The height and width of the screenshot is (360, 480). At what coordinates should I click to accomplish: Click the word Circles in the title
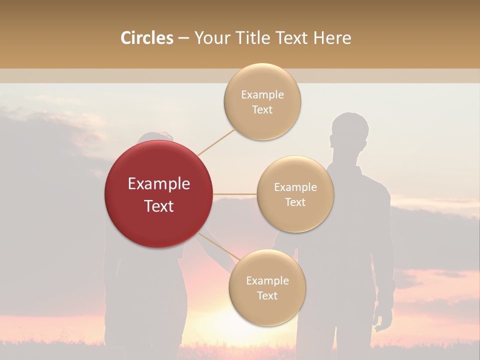(147, 38)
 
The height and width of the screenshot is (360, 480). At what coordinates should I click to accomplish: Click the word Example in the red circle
(158, 184)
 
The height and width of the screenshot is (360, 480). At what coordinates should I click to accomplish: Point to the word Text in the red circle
(158, 206)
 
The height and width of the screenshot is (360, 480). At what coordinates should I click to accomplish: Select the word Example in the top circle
(262, 94)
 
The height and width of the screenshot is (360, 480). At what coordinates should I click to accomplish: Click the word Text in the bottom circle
(267, 295)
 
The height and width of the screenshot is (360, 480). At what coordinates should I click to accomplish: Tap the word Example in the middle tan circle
(295, 187)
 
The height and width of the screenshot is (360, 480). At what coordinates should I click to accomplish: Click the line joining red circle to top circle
(216, 142)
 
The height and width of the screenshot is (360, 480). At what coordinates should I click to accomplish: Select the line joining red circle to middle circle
(235, 194)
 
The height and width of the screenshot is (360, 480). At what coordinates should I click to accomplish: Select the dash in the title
(183, 38)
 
